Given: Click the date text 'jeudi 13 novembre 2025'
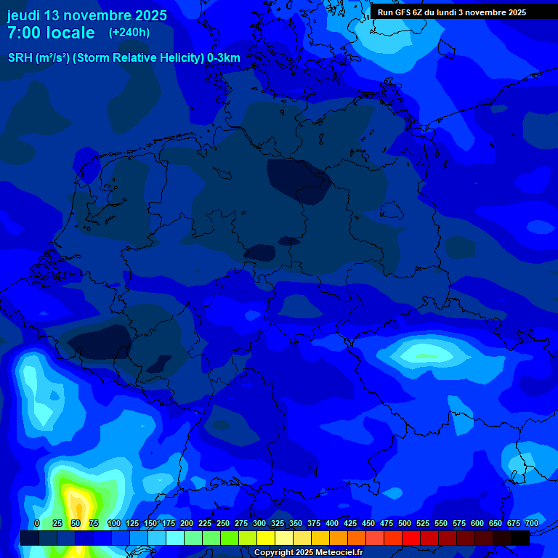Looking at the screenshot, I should [x=86, y=15].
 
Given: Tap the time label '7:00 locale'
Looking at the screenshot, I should [x=51, y=33].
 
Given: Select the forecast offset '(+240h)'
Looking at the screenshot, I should [x=129, y=33].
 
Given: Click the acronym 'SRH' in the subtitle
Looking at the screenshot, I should [x=20, y=58].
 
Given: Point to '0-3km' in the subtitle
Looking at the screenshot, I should [x=224, y=58].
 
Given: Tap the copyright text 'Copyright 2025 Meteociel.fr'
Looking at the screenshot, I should [x=308, y=553].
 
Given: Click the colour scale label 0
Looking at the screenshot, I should [x=37, y=523].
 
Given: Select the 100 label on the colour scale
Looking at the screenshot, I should [x=114, y=523].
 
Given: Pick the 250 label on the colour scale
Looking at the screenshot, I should [x=223, y=523].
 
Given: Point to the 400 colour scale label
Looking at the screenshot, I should [x=332, y=523].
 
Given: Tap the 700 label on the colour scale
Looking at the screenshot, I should [x=531, y=523].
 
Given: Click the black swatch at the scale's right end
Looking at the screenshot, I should [x=520, y=538].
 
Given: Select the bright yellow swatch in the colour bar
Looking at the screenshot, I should [x=266, y=538].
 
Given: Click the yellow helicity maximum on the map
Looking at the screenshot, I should [x=76, y=504].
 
